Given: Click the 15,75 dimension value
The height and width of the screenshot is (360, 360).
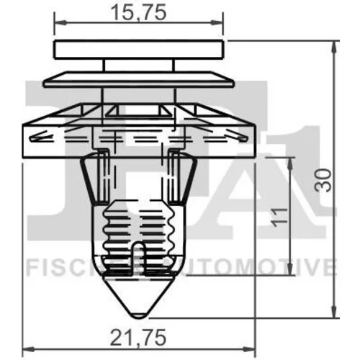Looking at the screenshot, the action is [139, 12].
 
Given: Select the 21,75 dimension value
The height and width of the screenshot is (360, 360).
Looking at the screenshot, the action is [138, 337].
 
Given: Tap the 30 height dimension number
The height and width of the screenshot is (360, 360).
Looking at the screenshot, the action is [323, 180].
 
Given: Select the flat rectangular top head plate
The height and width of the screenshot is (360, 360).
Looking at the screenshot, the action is [139, 50].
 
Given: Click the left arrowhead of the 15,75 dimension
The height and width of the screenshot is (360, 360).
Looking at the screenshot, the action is [60, 23].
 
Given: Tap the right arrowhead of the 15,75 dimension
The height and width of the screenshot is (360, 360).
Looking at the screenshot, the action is [217, 23].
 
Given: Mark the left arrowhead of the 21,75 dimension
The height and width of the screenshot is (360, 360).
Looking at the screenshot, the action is [28, 348].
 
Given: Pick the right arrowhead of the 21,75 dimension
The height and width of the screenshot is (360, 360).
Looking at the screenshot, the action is [250, 348].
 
